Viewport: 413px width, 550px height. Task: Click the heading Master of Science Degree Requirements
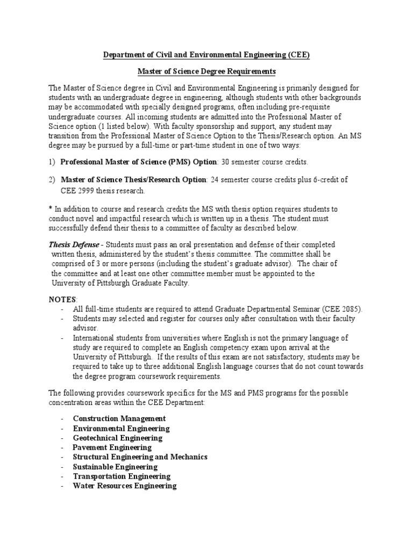[207, 71]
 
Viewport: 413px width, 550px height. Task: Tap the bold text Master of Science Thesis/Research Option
[133, 179]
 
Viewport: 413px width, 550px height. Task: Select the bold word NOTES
[63, 299]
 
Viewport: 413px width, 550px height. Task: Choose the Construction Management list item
[119, 418]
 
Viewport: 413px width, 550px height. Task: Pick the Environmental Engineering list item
[121, 428]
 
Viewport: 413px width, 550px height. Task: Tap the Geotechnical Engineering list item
[118, 438]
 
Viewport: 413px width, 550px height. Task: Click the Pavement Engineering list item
[112, 447]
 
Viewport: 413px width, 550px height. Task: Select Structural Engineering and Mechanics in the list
[140, 457]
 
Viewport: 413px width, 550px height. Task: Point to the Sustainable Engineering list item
[115, 467]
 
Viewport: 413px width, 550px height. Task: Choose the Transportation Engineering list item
[122, 476]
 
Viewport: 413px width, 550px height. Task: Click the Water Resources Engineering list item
[125, 486]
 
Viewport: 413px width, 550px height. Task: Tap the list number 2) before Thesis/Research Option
[52, 179]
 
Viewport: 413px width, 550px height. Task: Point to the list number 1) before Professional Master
[52, 162]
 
